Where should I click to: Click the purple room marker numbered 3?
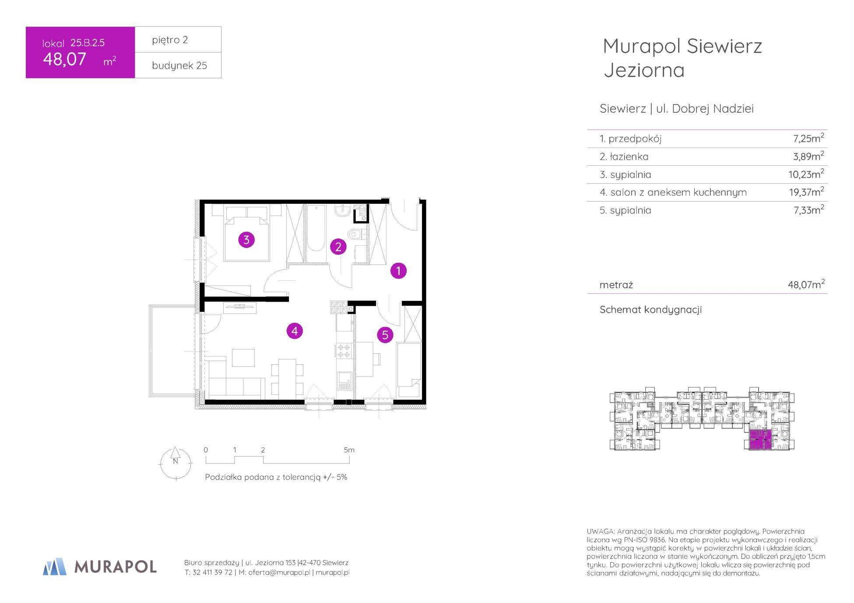(246, 240)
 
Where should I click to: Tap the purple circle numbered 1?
(398, 271)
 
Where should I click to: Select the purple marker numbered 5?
(385, 335)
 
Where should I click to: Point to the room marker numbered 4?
(295, 331)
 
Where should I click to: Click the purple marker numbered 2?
(338, 247)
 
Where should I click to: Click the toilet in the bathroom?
(357, 234)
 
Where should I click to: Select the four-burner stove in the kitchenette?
(344, 351)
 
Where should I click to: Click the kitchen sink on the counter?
(344, 380)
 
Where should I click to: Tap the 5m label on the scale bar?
(349, 450)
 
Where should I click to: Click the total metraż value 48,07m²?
(806, 284)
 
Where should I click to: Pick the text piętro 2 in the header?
(170, 40)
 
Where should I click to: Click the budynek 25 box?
(178, 66)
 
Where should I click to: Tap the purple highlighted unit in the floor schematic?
(759, 440)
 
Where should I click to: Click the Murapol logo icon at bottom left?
(55, 566)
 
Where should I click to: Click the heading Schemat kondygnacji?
(650, 310)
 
